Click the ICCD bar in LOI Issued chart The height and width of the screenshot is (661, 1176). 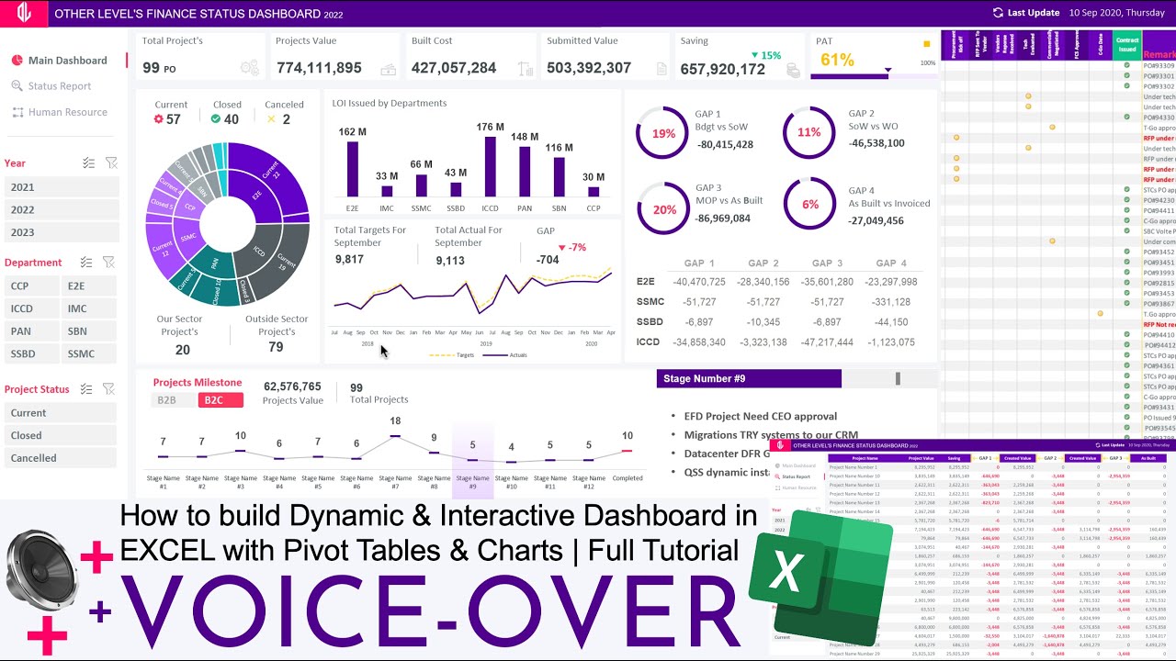pyautogui.click(x=490, y=166)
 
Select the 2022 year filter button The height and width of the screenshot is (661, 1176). pyautogui.click(x=62, y=210)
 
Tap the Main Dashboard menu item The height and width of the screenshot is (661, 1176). pyautogui.click(x=67, y=61)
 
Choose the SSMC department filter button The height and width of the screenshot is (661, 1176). pyautogui.click(x=89, y=353)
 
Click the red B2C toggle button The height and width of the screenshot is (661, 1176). pyautogui.click(x=220, y=400)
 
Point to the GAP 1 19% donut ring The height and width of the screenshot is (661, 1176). pyautogui.click(x=663, y=133)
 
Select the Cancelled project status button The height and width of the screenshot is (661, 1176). pyautogui.click(x=62, y=458)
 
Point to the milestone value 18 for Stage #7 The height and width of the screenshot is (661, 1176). pyautogui.click(x=395, y=421)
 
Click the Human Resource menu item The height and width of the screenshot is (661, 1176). pyautogui.click(x=67, y=112)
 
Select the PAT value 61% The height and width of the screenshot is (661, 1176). pyautogui.click(x=837, y=60)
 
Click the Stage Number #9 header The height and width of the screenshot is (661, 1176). pyautogui.click(x=749, y=378)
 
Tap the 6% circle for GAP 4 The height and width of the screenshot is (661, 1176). pyautogui.click(x=809, y=205)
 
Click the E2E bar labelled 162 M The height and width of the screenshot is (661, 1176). pyautogui.click(x=352, y=169)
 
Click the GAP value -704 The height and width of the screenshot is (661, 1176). pyautogui.click(x=548, y=260)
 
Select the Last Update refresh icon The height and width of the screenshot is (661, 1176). pyautogui.click(x=998, y=13)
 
